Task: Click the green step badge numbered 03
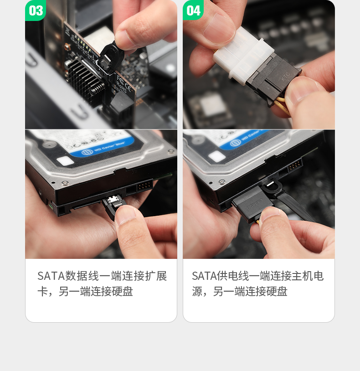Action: click(x=36, y=10)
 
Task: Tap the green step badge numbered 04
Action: click(x=193, y=10)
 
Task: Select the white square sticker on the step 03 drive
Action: click(x=65, y=161)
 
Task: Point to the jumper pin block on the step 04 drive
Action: click(x=294, y=165)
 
